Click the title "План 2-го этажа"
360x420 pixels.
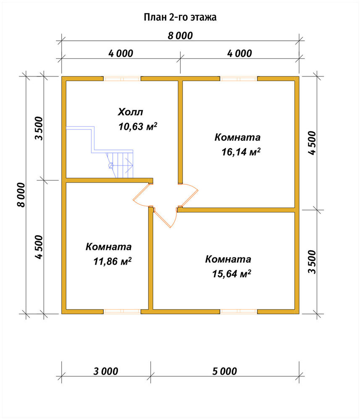click(180, 17)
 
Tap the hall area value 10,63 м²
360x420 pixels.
click(138, 126)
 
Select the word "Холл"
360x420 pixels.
click(131, 112)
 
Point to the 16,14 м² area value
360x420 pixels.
click(241, 152)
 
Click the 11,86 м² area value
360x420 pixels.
click(112, 261)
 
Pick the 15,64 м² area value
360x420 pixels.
click(232, 273)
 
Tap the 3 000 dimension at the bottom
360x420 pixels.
click(106, 371)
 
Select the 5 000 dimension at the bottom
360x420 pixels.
click(225, 371)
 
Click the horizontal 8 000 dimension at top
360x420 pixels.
click(180, 36)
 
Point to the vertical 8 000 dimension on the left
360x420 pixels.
click(21, 195)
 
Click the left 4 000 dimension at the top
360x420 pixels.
click(121, 53)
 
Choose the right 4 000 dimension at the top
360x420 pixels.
click(240, 53)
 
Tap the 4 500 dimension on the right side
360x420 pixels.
click(312, 143)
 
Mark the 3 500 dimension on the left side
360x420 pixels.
click(39, 128)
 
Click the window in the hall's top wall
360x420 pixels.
click(122, 79)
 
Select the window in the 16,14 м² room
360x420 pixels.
click(239, 79)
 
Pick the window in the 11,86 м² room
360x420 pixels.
click(122, 312)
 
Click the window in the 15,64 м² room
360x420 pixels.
click(239, 312)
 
